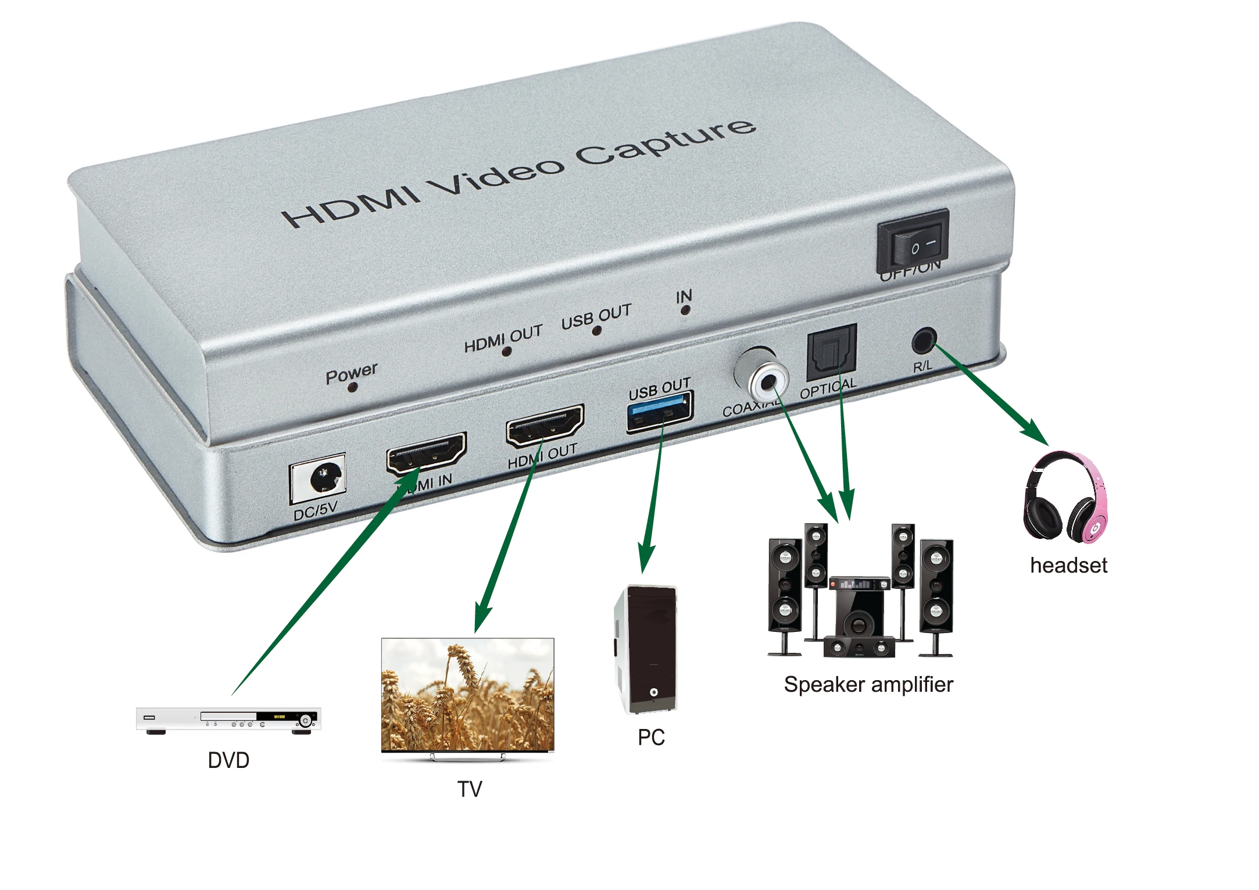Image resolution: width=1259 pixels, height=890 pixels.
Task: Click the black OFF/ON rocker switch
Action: [913, 242]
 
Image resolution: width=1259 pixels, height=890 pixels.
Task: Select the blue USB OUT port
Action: [660, 412]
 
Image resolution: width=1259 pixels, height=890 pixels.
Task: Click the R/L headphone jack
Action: [923, 341]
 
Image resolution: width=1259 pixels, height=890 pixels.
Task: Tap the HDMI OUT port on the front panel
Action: [545, 425]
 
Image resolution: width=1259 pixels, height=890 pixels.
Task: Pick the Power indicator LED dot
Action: [352, 388]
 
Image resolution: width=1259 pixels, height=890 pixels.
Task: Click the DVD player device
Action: [228, 720]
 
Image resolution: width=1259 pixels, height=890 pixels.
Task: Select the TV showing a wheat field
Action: [468, 696]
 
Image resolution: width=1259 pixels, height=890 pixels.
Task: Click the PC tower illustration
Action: [646, 649]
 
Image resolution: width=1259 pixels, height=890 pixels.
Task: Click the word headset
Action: [1068, 566]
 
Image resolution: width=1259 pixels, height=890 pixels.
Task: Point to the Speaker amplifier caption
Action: [868, 685]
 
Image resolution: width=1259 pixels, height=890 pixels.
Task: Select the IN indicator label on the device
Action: [684, 296]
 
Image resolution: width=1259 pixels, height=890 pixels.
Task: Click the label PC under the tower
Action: [651, 737]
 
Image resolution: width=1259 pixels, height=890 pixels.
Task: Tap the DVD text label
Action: [228, 760]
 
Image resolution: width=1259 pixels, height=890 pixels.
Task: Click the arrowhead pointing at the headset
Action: [1036, 433]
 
